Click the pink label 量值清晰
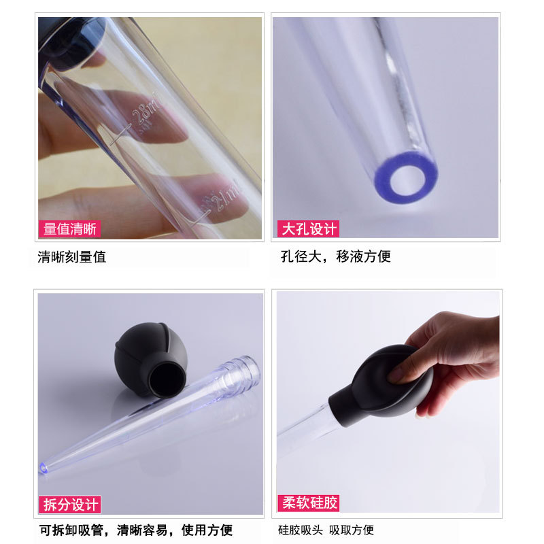(69, 229)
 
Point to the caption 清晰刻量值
(72, 257)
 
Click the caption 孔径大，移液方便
(336, 256)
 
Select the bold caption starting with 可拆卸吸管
(135, 530)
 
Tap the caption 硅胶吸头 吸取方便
(326, 530)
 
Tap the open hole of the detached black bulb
(165, 376)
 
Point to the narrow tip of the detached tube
(46, 466)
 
